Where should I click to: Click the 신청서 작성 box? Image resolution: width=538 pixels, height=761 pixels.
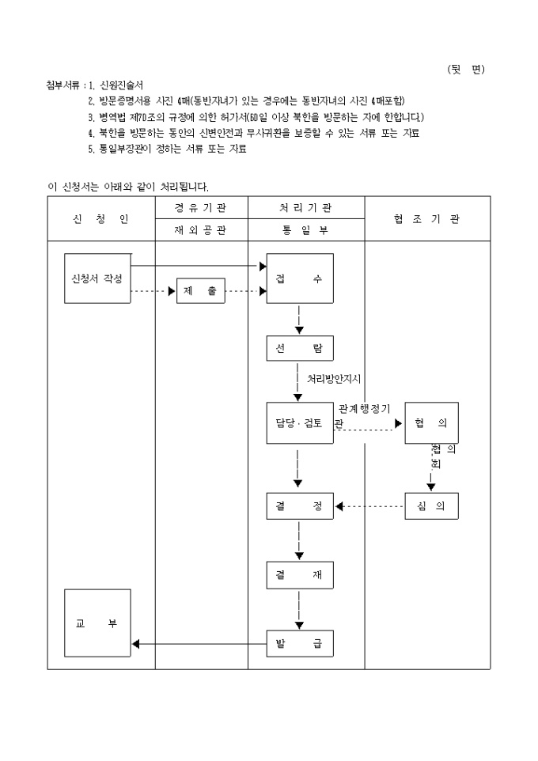point(97,278)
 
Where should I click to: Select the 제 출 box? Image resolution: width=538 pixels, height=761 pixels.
point(200,291)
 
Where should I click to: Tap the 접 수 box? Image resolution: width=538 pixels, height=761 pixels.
point(299,278)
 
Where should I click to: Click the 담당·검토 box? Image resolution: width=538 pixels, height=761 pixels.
point(299,423)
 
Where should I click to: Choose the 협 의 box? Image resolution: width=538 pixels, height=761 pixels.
point(431,423)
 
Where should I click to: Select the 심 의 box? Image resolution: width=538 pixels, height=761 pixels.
point(431,506)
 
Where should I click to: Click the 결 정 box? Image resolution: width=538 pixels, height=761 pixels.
point(299,506)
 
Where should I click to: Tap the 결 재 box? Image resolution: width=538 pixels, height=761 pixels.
point(299,575)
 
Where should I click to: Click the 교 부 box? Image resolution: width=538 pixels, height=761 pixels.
point(97,623)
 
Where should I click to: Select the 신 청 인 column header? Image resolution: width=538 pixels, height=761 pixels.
point(100,219)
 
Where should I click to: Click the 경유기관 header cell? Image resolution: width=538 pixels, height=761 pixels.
point(201,208)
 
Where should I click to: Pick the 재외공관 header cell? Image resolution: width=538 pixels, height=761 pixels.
point(201,230)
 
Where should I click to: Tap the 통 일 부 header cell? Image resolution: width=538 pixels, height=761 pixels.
point(305,230)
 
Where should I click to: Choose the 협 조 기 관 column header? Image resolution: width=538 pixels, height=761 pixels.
point(426,219)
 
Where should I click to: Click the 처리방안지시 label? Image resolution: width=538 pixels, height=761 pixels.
point(334,379)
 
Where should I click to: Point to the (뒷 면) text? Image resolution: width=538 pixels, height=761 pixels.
point(465,69)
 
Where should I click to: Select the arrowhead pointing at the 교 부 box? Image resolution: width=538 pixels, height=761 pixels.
point(136,644)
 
